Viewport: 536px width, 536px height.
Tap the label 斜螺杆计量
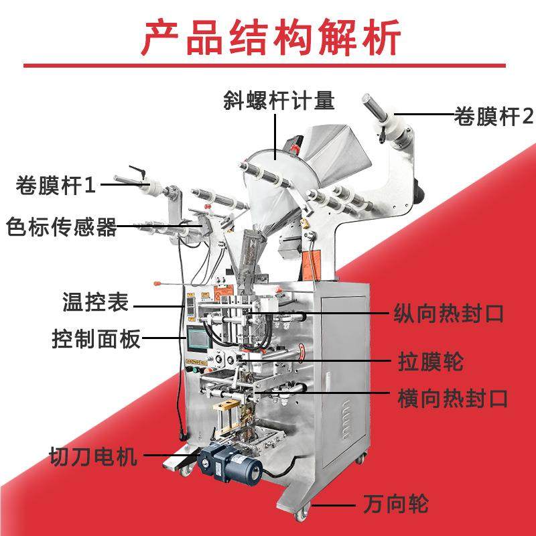tap(278, 101)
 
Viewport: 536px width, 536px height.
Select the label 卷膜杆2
tap(493, 117)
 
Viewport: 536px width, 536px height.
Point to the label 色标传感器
tap(61, 226)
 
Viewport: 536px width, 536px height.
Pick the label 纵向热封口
tap(448, 313)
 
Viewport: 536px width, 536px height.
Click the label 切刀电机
tap(93, 458)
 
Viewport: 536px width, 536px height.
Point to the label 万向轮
tap(395, 503)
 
